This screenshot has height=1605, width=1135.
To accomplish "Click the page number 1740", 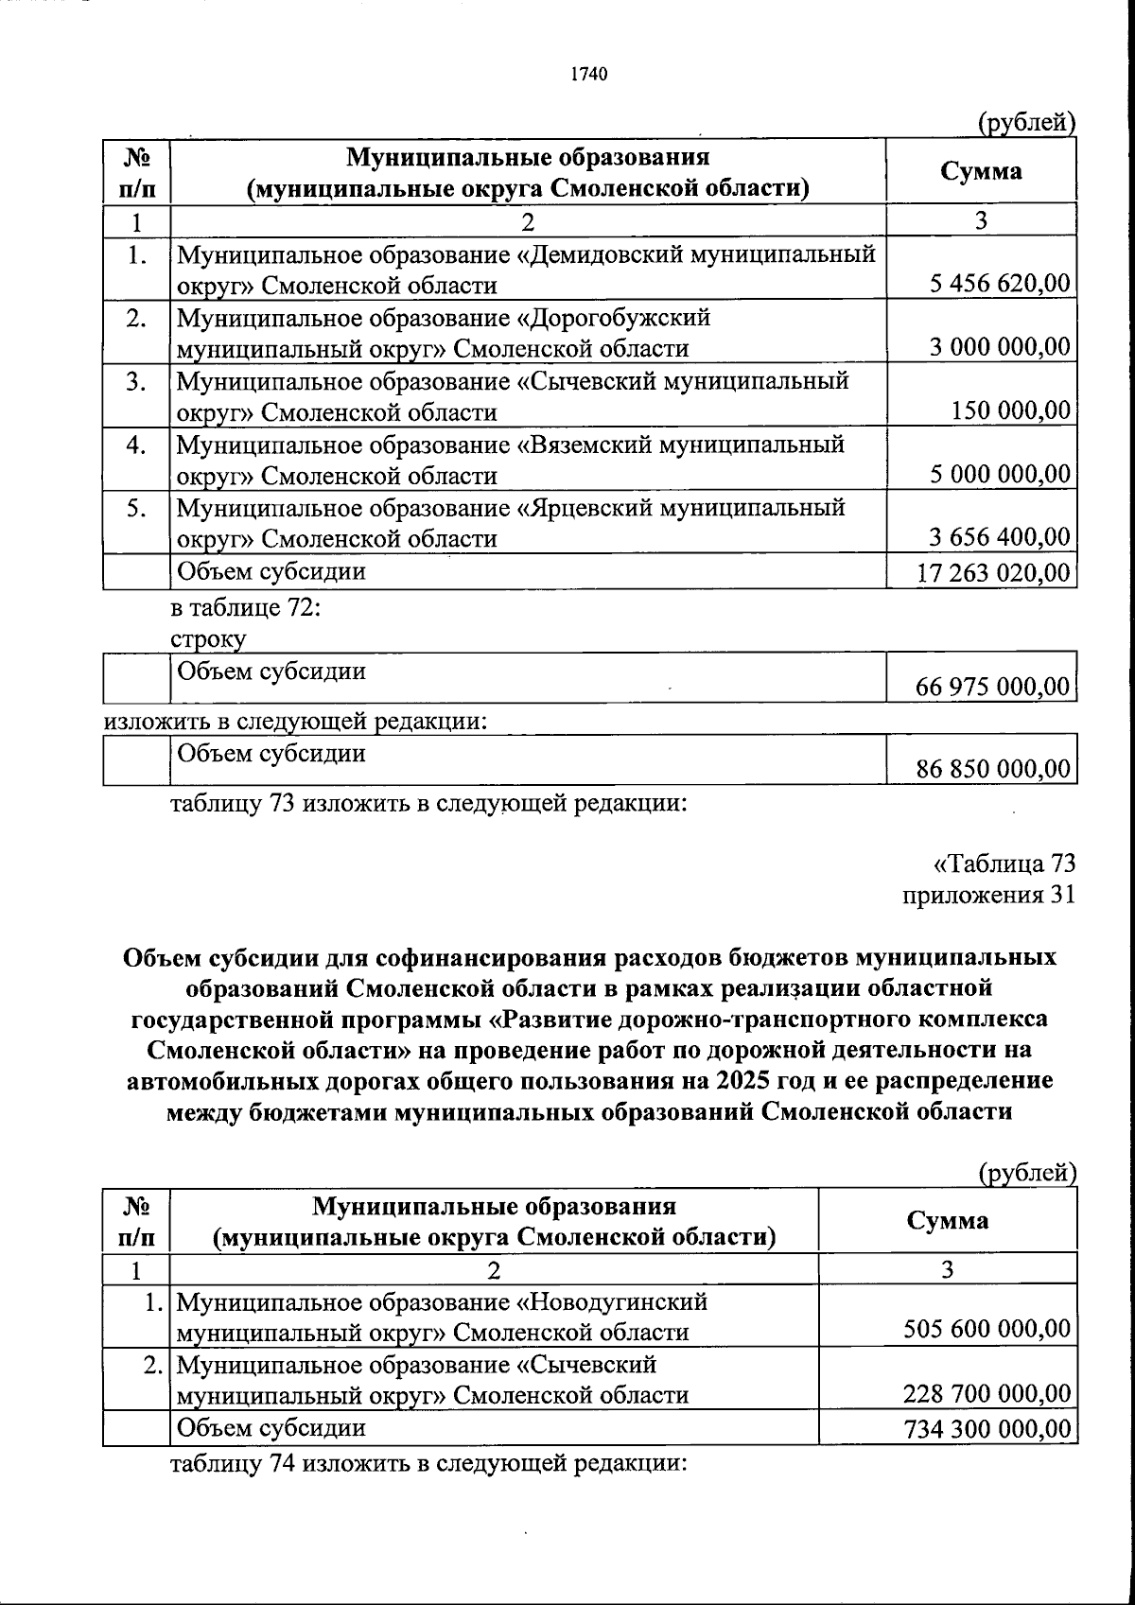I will (x=588, y=75).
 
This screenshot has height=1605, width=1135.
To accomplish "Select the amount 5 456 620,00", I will (x=1000, y=283).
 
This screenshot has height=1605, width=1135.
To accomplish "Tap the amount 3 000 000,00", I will (x=1000, y=347).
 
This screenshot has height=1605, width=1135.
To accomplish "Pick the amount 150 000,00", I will (x=1011, y=410).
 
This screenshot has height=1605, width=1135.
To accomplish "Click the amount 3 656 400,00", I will (x=1000, y=538).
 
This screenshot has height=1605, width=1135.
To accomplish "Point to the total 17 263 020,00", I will (x=994, y=572).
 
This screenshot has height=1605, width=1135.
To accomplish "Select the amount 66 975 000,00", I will (x=994, y=687).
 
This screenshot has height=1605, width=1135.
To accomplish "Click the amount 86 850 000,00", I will (x=994, y=769).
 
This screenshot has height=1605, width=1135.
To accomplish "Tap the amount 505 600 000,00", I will (x=987, y=1330).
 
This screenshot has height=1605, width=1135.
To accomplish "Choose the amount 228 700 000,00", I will (x=987, y=1393).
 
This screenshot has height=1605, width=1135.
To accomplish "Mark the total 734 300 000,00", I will (x=987, y=1428).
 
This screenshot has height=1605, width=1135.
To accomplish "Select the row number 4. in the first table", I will (x=136, y=445).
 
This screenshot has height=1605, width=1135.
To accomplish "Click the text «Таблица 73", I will (x=1004, y=864).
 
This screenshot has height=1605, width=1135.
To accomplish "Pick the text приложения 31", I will (x=988, y=895).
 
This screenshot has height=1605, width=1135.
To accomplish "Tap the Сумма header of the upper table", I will (x=981, y=171).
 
